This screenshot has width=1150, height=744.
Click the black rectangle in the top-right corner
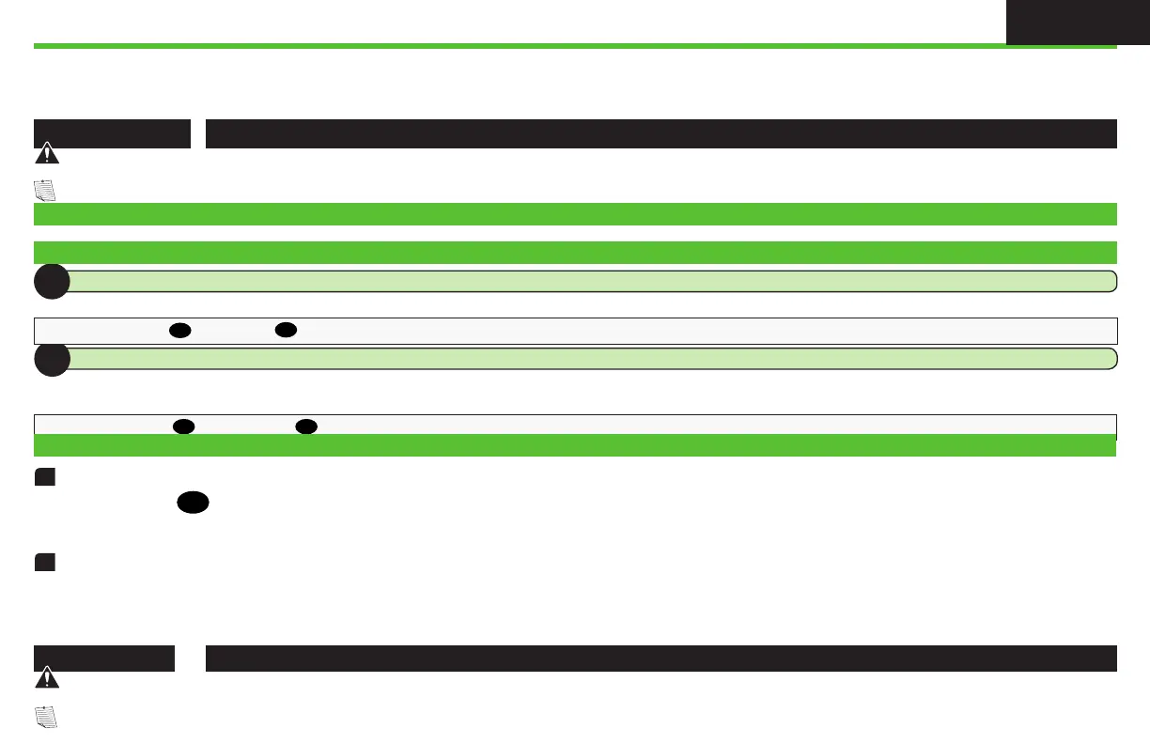pos(1077,22)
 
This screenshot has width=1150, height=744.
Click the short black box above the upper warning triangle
pos(112,133)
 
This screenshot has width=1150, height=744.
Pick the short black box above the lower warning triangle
pos(104,658)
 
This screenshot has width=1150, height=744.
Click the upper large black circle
pos(52,281)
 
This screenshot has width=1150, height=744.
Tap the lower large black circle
pos(52,359)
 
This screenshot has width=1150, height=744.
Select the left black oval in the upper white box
pos(180,331)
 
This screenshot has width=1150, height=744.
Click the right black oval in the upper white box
pos(287,331)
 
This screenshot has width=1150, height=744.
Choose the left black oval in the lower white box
pos(183,426)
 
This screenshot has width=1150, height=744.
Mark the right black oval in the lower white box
pos(305,426)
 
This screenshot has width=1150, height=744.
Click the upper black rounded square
pos(43,478)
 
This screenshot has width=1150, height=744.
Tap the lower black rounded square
pos(43,562)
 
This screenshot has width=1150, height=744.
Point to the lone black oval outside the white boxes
pos(191,504)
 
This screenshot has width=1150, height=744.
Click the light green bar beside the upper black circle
pos(592,281)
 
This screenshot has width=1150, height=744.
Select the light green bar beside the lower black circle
pos(592,358)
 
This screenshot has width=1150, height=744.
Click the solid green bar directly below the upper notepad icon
pos(575,214)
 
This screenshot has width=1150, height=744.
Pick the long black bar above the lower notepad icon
pos(660,658)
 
